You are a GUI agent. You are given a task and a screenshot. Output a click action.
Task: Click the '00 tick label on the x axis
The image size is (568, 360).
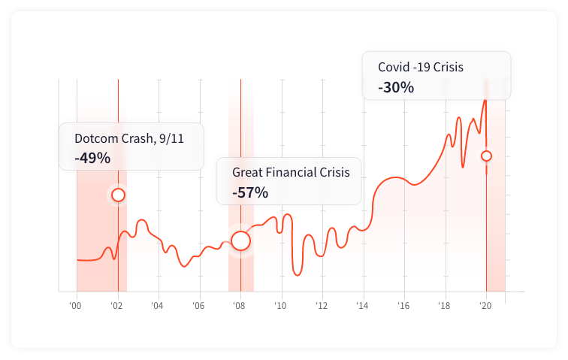[76, 306]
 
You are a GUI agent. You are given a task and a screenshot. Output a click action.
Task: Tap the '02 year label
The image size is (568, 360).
[116, 306]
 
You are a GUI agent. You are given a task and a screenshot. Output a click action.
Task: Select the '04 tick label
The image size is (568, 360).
[158, 306]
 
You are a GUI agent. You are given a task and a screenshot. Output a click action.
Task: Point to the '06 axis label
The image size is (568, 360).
[198, 306]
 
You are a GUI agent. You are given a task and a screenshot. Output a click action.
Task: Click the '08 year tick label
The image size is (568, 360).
[240, 306]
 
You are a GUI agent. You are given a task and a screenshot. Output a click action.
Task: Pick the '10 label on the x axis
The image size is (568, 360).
[280, 306]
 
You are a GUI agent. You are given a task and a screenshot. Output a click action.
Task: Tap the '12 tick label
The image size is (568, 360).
[322, 306]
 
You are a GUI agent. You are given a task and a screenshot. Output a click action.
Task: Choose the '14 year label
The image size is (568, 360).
[363, 306]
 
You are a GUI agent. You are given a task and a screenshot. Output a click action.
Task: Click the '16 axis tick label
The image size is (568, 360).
[403, 306]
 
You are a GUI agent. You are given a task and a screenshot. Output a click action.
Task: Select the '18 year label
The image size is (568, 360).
[445, 306]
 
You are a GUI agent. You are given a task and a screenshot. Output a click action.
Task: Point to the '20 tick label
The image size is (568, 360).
[485, 306]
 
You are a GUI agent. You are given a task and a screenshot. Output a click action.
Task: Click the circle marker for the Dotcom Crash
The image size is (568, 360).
[118, 195]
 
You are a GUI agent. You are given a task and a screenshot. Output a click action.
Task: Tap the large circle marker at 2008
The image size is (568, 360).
[240, 241]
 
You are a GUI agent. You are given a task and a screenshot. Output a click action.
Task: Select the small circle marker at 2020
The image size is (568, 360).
[486, 156]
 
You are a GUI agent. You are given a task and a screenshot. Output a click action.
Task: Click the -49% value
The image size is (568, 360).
[92, 159]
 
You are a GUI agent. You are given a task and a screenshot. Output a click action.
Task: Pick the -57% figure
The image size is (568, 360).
[250, 192]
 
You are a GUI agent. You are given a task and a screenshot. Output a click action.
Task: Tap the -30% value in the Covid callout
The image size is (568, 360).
[396, 87]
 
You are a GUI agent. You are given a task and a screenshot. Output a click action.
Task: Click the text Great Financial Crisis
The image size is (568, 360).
[291, 172]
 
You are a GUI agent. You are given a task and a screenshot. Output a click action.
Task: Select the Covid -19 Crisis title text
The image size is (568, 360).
[421, 67]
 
